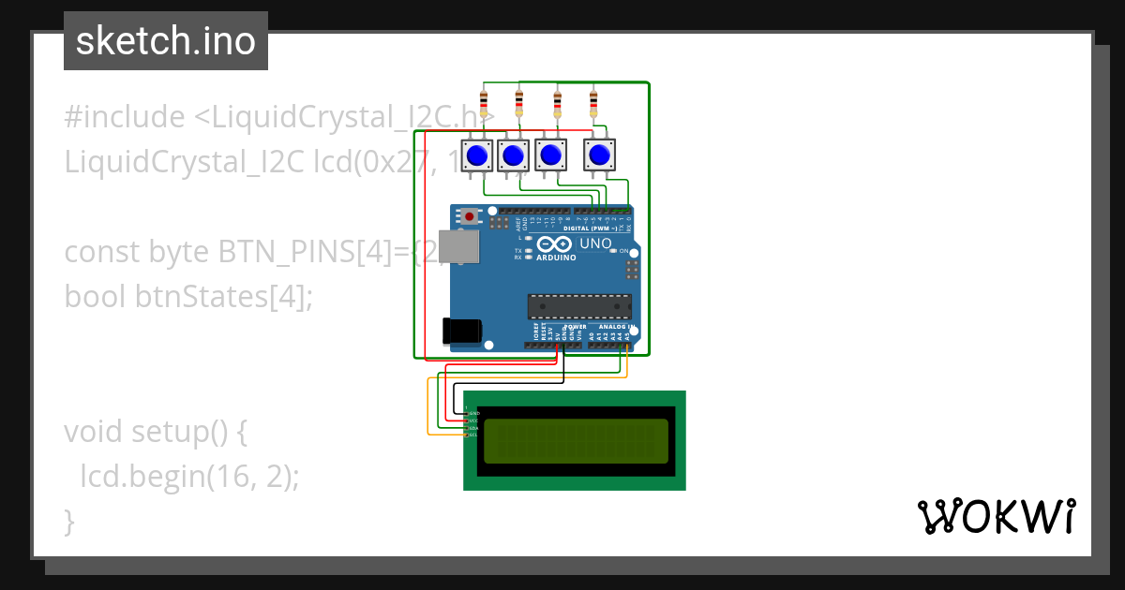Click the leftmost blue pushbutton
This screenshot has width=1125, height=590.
coord(477,155)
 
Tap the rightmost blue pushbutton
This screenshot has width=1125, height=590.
coord(600,155)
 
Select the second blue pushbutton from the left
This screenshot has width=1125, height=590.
coord(513,155)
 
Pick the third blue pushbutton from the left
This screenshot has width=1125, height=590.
coord(552,155)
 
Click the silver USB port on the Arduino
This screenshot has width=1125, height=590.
coord(461,246)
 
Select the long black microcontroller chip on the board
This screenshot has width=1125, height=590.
coord(578,306)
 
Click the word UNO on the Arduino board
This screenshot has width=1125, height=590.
coord(595,243)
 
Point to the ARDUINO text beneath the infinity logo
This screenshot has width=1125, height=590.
coord(556,257)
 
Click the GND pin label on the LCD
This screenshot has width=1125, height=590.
coord(473,413)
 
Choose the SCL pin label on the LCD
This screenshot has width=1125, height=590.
coord(473,435)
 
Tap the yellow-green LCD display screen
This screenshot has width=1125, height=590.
coord(576,441)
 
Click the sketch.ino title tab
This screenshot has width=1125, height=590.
coord(166,41)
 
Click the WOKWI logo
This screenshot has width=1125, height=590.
coord(996,517)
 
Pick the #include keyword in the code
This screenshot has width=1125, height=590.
coord(125,117)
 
